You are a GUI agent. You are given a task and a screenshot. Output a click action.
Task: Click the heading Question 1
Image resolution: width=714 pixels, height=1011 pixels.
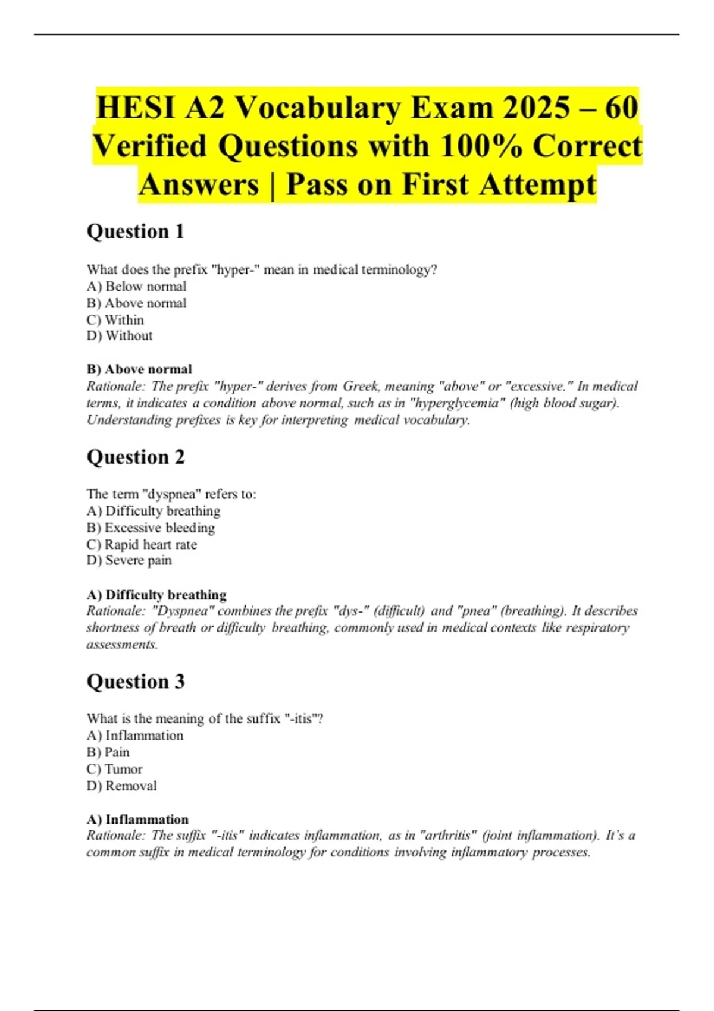click(x=135, y=231)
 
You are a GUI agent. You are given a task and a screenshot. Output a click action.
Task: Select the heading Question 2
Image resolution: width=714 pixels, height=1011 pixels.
click(x=136, y=457)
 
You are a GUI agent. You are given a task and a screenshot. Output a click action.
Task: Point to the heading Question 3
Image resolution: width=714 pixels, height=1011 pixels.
click(x=136, y=682)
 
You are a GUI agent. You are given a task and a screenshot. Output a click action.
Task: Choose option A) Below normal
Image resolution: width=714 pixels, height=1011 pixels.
click(x=136, y=287)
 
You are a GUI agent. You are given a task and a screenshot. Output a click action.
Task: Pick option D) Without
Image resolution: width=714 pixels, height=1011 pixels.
click(x=120, y=336)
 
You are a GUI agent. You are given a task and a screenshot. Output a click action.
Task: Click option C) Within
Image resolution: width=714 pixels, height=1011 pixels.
click(x=115, y=320)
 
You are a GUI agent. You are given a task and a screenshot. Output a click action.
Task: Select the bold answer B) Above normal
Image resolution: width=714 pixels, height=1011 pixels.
click(x=139, y=369)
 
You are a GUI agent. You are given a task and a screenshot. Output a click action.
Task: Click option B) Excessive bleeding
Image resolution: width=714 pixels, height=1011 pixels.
click(x=151, y=528)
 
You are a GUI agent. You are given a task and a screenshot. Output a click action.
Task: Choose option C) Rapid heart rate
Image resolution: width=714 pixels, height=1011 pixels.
click(x=142, y=545)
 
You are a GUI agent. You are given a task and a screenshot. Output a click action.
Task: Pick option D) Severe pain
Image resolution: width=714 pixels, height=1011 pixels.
click(x=129, y=561)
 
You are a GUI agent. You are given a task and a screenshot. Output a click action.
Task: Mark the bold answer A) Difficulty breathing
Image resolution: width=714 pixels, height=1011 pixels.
click(x=156, y=595)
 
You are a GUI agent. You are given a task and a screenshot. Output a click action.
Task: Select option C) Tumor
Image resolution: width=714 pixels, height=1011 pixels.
click(x=114, y=769)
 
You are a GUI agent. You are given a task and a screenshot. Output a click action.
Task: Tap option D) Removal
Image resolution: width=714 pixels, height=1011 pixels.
click(x=121, y=786)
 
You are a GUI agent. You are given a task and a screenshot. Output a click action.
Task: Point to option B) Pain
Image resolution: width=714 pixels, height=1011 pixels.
click(x=108, y=752)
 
